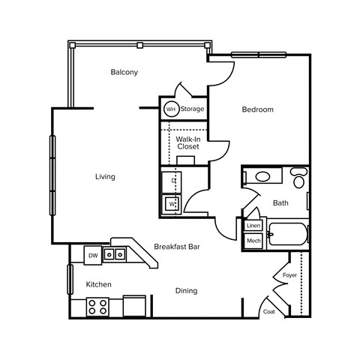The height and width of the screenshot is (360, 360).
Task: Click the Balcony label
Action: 124,72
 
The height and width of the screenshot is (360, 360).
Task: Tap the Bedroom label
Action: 257,109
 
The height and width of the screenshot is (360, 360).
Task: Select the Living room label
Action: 105,177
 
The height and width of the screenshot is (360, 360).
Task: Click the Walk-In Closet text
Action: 187,142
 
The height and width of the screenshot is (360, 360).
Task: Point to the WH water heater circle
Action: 170,109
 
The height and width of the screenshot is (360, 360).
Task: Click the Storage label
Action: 192,109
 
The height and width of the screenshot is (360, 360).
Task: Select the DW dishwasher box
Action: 93,256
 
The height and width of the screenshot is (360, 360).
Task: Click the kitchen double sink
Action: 114,255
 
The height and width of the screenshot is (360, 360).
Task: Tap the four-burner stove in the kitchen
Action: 97,306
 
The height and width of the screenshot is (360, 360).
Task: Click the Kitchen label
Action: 98,284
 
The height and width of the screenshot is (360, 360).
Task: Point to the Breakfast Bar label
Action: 175,246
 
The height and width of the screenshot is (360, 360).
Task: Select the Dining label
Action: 186,290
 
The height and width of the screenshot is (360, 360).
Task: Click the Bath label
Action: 280,202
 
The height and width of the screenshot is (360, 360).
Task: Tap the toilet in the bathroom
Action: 298,179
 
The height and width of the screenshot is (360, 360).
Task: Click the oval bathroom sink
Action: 262,178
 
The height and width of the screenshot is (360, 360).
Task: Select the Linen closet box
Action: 253,226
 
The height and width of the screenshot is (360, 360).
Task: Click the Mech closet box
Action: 253,241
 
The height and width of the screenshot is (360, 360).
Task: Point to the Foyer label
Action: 289,275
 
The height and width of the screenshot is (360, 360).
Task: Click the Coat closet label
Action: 268,311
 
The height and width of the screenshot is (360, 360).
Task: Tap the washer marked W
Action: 171,203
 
